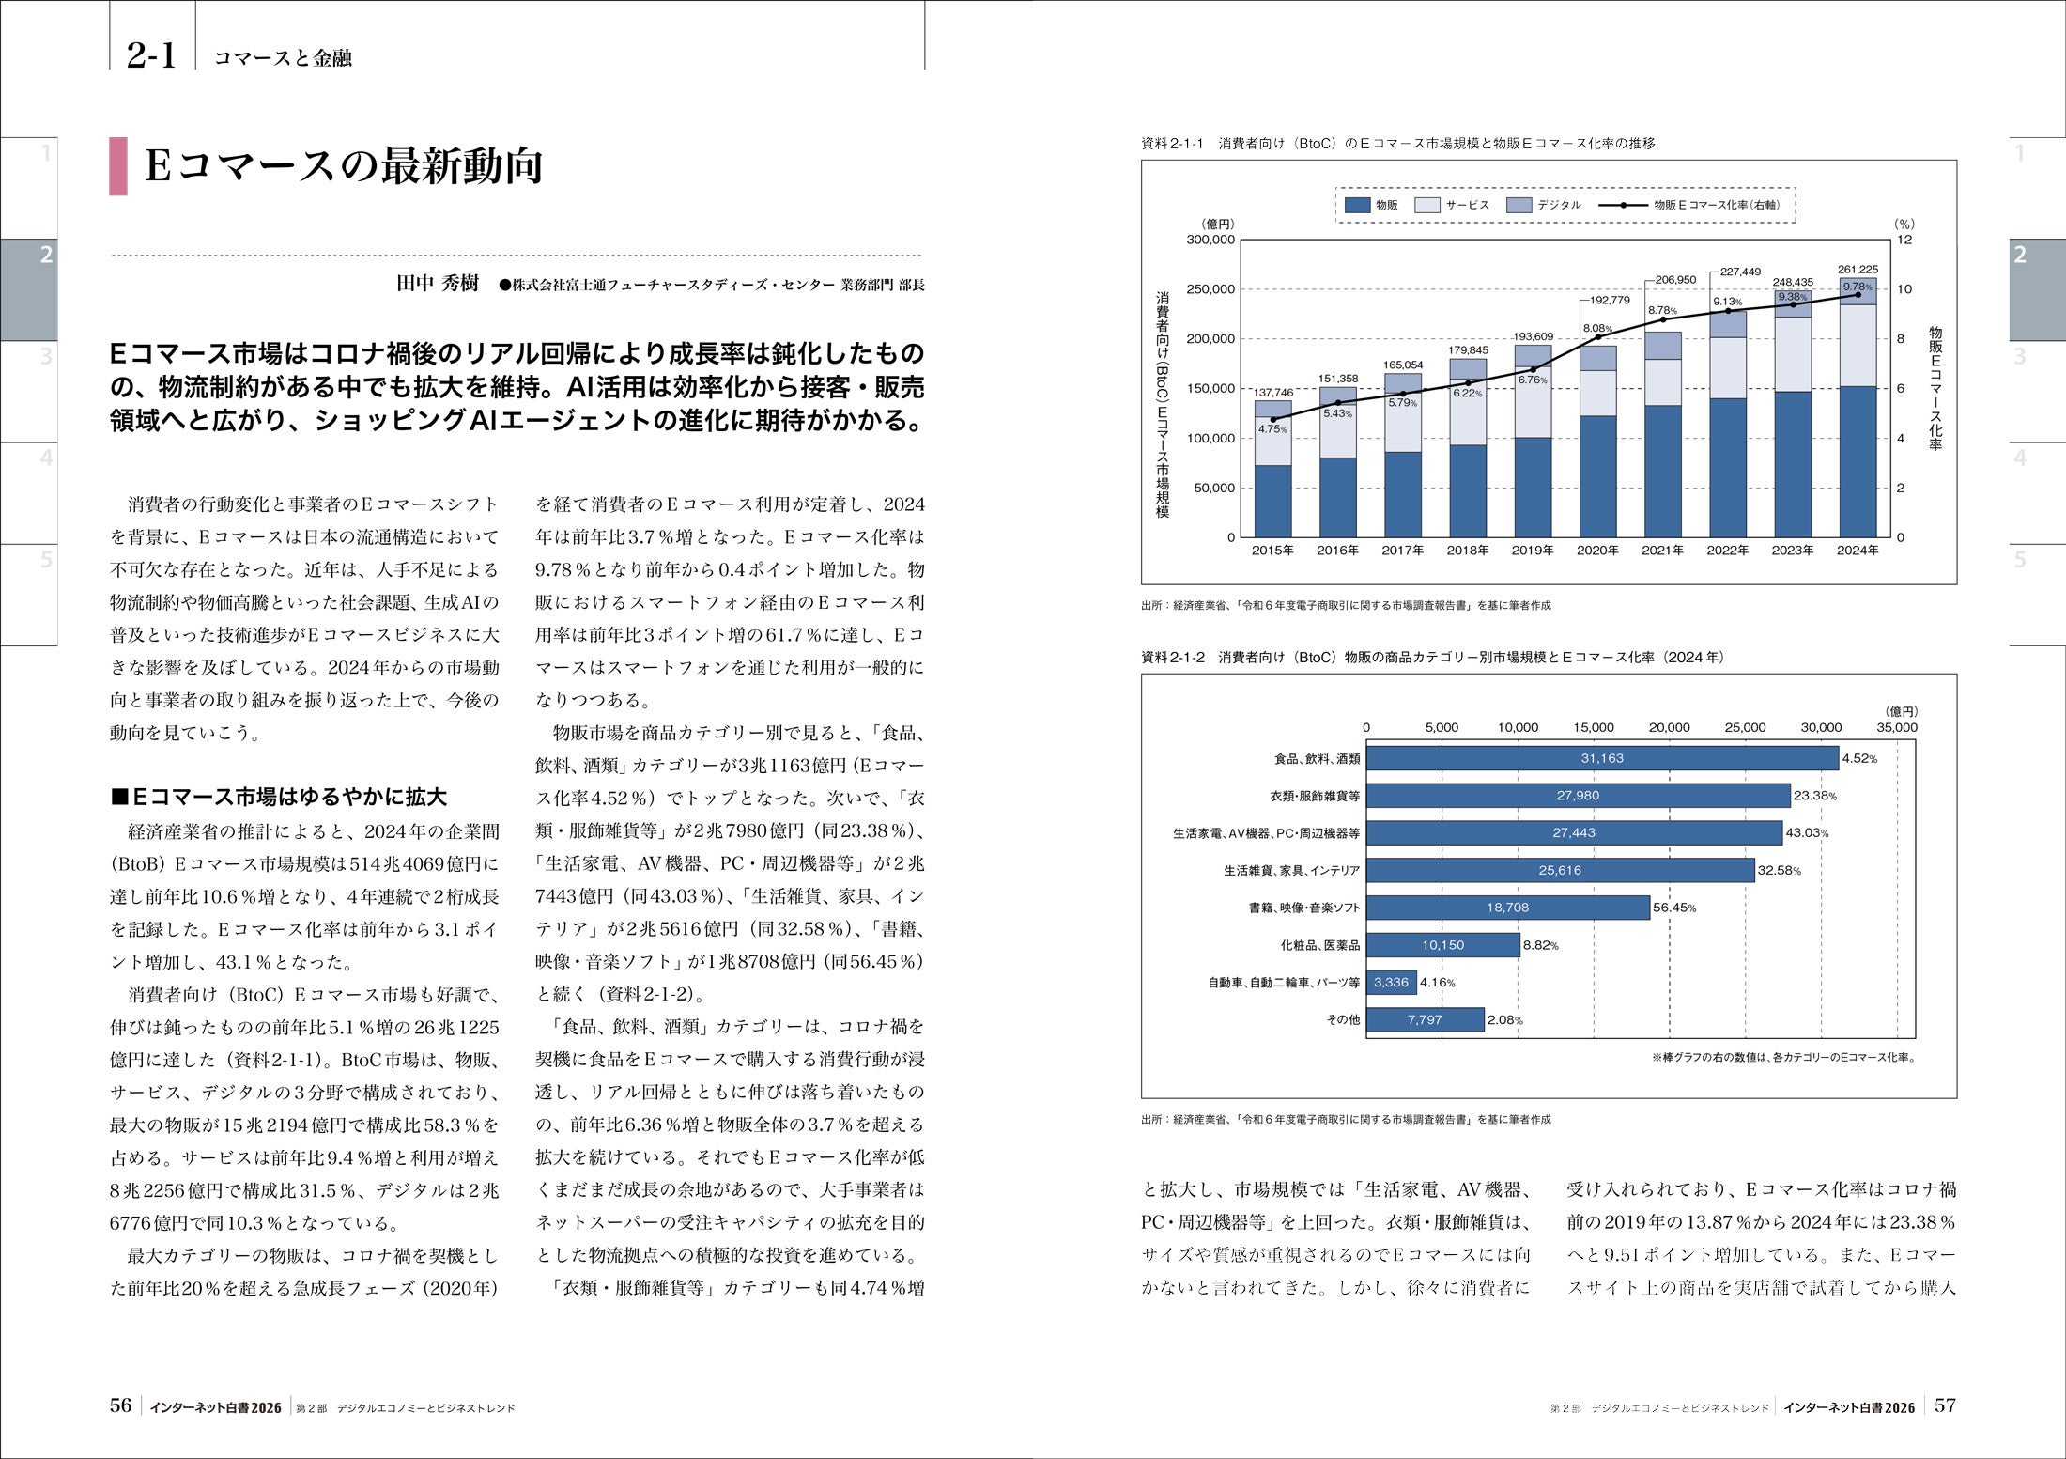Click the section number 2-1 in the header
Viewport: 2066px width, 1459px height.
pos(151,55)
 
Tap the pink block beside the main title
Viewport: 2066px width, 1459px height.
pos(118,166)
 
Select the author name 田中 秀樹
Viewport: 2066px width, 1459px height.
pos(438,284)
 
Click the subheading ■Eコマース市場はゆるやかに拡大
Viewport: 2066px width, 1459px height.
pos(278,798)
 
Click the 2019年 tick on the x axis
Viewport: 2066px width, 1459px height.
pos(1533,551)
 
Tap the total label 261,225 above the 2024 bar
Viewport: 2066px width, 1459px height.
pos(1858,270)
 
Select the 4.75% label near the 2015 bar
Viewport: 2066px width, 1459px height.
pos(1272,429)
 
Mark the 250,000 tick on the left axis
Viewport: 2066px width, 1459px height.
pos(1211,289)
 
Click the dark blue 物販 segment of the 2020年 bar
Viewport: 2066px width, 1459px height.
pos(1597,476)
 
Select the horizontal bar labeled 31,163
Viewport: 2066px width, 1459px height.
pos(1601,758)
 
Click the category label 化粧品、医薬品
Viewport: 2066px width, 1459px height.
pos(1320,945)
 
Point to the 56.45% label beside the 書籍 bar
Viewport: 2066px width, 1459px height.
pos(1674,908)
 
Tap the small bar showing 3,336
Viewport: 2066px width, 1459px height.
pos(1391,983)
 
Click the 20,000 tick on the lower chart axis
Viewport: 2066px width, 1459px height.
pos(1669,727)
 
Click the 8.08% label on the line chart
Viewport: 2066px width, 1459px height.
pos(1597,329)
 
